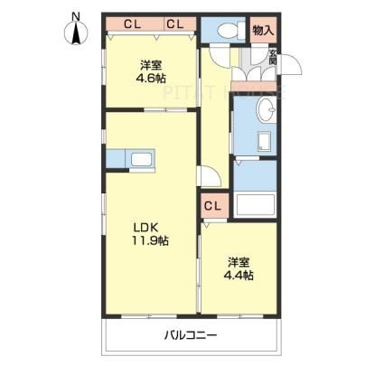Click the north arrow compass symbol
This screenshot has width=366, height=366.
point(77,33)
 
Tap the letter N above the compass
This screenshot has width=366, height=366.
point(77,16)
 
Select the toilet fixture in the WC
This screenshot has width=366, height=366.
point(231,30)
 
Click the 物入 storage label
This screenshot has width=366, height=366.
point(264,30)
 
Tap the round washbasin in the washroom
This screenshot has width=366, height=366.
point(267,110)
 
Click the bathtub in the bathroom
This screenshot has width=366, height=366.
point(255,204)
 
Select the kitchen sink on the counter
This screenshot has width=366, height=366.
point(141,159)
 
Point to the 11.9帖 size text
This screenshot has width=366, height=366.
point(149,240)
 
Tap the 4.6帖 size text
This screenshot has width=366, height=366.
point(151,79)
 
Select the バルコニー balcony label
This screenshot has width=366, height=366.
point(191,335)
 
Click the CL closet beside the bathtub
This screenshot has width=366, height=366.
point(212,206)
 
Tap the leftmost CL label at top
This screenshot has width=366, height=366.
point(133,24)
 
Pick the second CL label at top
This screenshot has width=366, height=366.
point(175,24)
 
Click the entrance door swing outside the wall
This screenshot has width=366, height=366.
point(291,64)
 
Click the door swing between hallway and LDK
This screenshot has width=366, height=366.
point(210,176)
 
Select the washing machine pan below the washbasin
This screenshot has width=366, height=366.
point(265,141)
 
